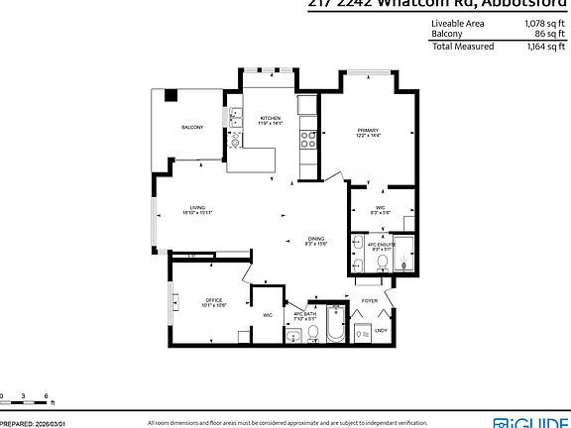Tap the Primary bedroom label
click(x=368, y=132)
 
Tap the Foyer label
click(x=370, y=299)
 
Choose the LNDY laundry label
click(x=382, y=331)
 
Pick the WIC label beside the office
click(x=267, y=315)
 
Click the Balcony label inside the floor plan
click(x=192, y=128)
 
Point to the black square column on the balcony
click(x=171, y=96)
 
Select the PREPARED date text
click(x=33, y=421)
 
